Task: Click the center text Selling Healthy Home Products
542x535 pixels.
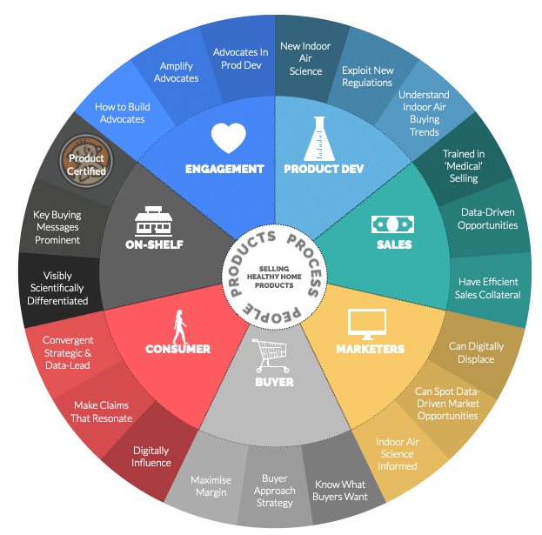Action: pos(271,277)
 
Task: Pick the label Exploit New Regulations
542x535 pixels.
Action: pos(367,77)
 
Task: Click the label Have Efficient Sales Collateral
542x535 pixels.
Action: pos(488,288)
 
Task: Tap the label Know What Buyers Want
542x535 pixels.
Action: pos(341,491)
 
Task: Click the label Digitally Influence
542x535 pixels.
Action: pos(151,457)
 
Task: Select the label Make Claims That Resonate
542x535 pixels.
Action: pos(102,411)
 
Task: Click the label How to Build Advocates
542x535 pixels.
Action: pos(122,112)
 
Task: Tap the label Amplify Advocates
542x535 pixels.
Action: pos(176,72)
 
